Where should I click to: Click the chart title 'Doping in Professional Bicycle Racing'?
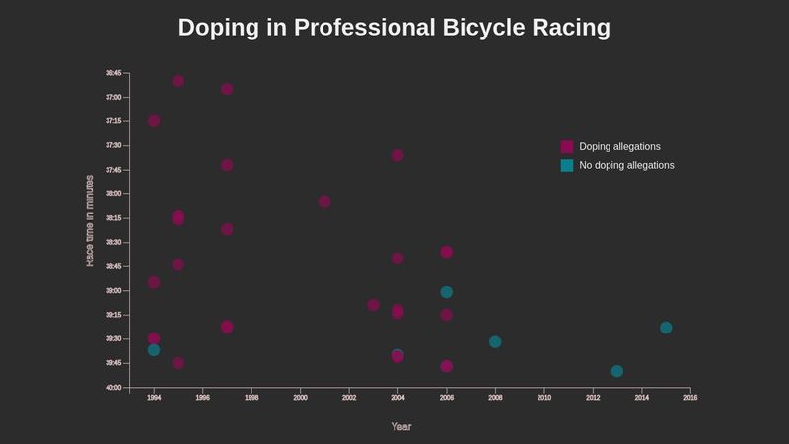(394, 28)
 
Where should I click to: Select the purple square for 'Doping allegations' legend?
(567, 146)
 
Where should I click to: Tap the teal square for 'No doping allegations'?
(567, 165)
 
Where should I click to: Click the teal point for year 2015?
(666, 328)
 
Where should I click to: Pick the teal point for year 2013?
(617, 371)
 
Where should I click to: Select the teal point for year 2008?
(495, 342)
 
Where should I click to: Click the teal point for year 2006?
(447, 292)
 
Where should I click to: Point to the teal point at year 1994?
(154, 350)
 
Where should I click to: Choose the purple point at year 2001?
(324, 201)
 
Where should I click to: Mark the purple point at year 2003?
(373, 305)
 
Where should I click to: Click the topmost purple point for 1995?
(179, 81)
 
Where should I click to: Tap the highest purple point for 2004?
(397, 155)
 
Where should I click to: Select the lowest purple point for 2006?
(447, 366)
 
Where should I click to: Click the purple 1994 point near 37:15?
(154, 121)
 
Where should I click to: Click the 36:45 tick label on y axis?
(113, 73)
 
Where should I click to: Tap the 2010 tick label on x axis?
(544, 397)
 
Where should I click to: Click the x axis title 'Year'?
(401, 427)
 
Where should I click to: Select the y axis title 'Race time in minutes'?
(90, 220)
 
